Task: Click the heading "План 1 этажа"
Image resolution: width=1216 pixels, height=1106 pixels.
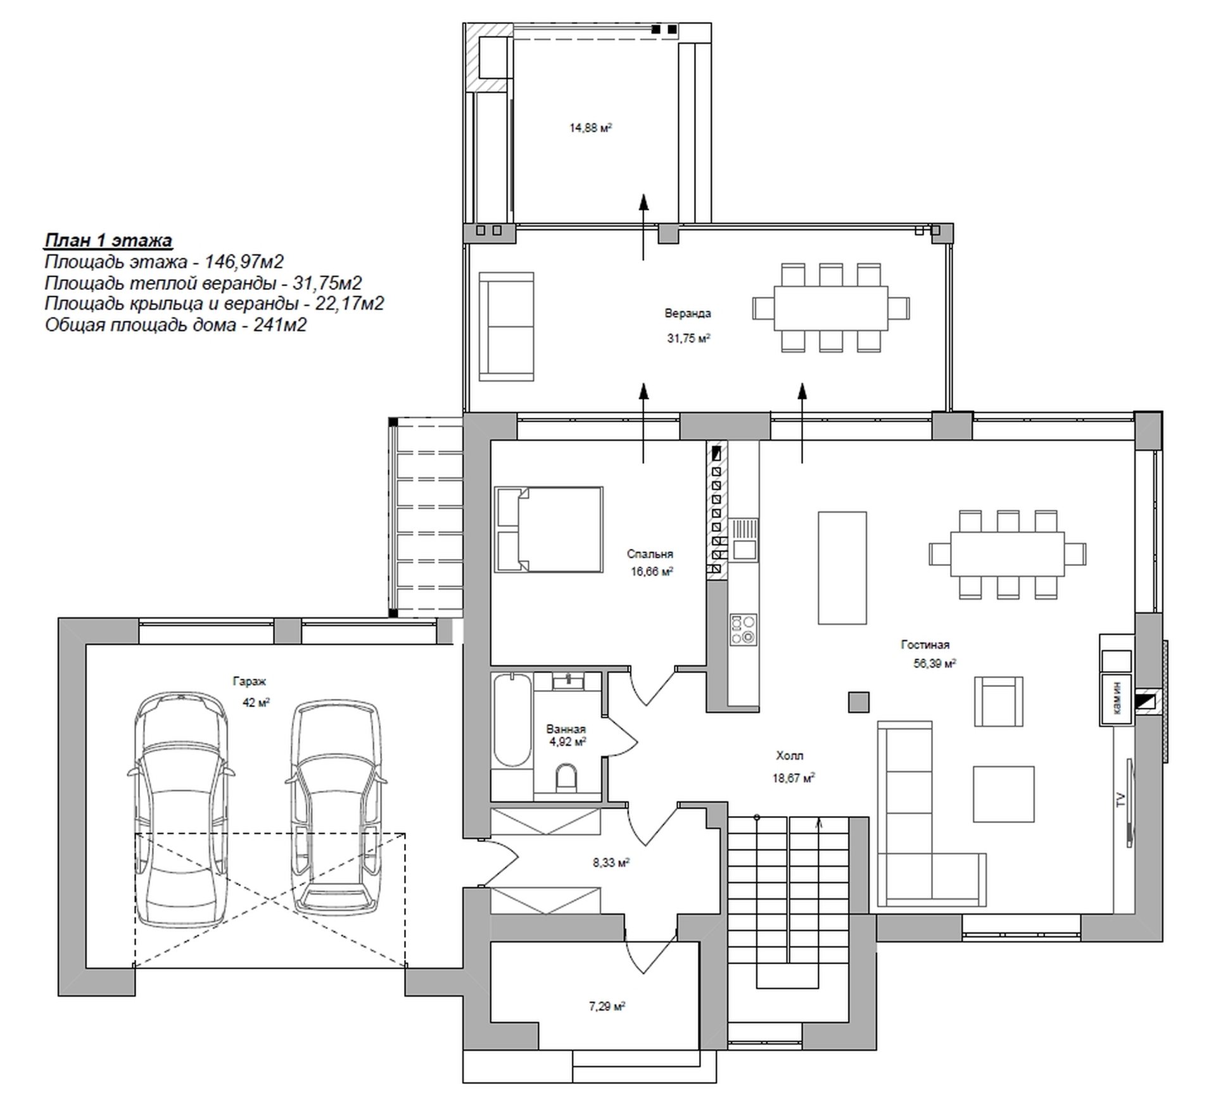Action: (108, 241)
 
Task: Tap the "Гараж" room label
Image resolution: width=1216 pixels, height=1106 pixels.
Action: (250, 682)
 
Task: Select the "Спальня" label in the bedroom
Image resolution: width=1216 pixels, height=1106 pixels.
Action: (650, 554)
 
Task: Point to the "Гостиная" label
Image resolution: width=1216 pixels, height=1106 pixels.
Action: (925, 645)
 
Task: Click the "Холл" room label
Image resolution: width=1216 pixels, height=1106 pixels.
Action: (790, 756)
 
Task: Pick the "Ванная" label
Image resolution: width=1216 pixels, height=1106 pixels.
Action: (566, 729)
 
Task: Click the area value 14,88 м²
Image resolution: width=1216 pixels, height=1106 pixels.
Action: (591, 128)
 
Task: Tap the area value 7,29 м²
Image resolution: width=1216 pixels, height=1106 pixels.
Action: (607, 1006)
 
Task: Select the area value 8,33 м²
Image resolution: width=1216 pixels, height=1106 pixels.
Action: (611, 862)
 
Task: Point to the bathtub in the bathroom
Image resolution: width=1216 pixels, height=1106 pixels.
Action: (512, 721)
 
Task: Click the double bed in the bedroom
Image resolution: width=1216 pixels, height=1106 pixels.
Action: (548, 530)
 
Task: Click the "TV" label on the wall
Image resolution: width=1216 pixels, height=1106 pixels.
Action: (1120, 799)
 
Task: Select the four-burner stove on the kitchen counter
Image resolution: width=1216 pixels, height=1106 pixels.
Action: (744, 629)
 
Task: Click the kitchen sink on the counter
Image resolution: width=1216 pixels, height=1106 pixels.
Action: (744, 540)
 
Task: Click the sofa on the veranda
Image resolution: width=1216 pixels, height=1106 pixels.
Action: (506, 327)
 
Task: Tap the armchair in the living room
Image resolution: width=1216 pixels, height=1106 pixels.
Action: (998, 701)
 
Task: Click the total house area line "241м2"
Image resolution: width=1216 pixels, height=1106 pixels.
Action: (176, 325)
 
